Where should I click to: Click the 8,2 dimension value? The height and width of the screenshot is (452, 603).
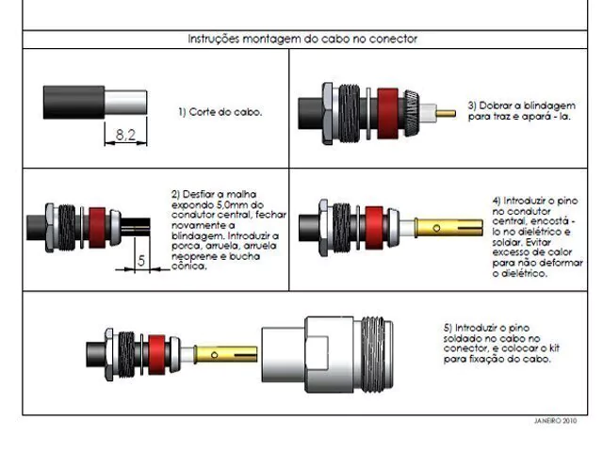pyautogui.click(x=125, y=135)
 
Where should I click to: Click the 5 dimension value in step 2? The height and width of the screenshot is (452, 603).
pyautogui.click(x=141, y=261)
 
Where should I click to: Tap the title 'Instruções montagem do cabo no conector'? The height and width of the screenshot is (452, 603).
pyautogui.click(x=302, y=39)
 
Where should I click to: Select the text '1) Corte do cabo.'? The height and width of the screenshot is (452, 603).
pyautogui.click(x=220, y=112)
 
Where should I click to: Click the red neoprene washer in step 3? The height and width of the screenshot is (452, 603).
pyautogui.click(x=387, y=113)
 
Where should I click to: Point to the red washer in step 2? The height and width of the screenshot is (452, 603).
pyautogui.click(x=97, y=228)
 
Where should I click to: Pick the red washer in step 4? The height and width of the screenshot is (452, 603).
pyautogui.click(x=374, y=228)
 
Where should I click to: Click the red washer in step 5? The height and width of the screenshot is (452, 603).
pyautogui.click(x=156, y=355)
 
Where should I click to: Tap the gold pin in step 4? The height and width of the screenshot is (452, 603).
pyautogui.click(x=448, y=228)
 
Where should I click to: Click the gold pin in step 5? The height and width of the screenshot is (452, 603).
pyautogui.click(x=225, y=354)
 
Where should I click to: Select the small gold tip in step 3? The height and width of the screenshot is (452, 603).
pyautogui.click(x=446, y=113)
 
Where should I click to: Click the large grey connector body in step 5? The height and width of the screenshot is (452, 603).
pyautogui.click(x=327, y=354)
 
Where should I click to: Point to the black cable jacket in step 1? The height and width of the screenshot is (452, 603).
pyautogui.click(x=73, y=103)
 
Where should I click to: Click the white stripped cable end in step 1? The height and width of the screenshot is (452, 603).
pyautogui.click(x=125, y=103)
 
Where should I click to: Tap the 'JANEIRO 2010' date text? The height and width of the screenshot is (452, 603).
pyautogui.click(x=555, y=421)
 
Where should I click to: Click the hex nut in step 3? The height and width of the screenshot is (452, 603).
pyautogui.click(x=327, y=113)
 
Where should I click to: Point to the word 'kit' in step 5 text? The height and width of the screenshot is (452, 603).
pyautogui.click(x=554, y=348)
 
